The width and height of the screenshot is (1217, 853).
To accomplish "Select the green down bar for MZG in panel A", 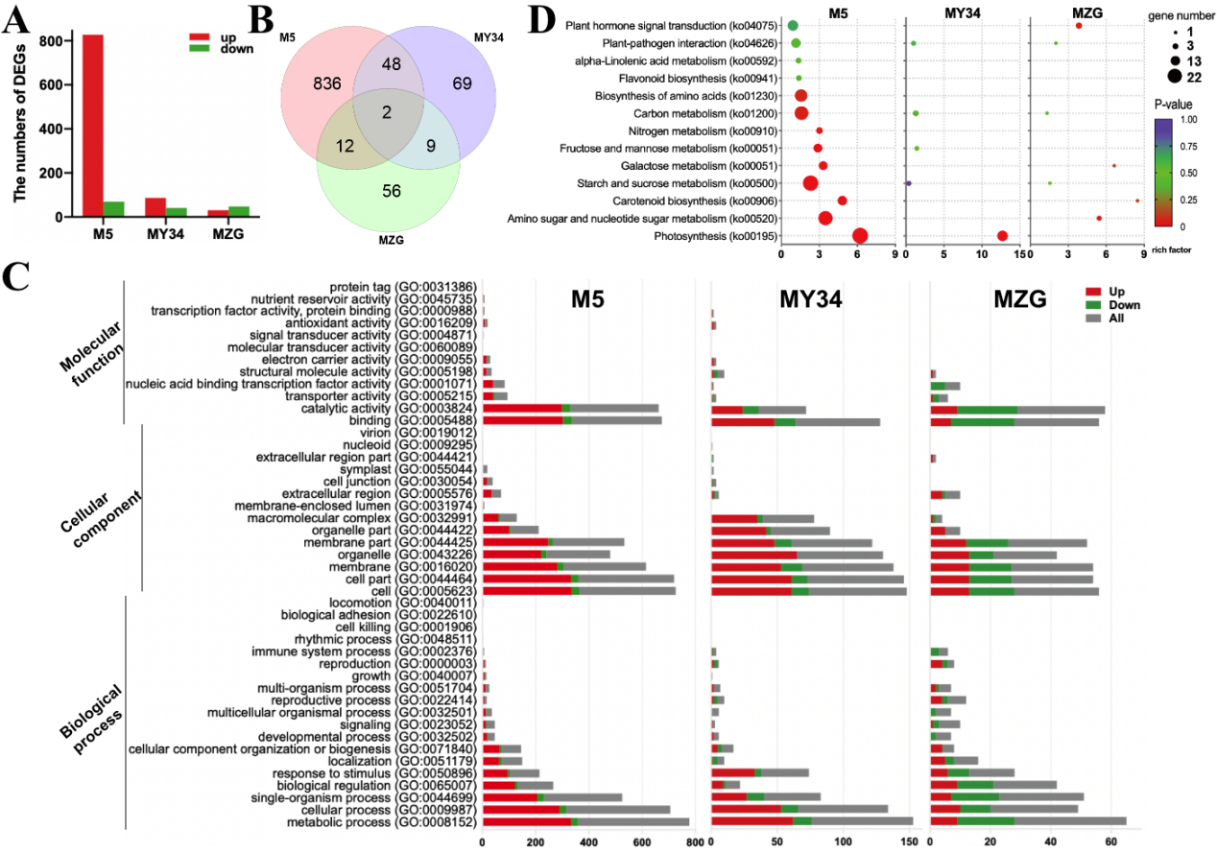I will [237, 210].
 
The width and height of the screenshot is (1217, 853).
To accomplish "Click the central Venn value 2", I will [386, 113].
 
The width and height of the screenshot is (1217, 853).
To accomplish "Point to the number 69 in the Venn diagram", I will [463, 84].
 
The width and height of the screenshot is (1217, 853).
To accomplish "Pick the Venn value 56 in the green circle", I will [391, 190].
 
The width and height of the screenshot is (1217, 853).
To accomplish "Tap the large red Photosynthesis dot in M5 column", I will [860, 236].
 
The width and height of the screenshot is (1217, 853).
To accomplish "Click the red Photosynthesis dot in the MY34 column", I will [1003, 236].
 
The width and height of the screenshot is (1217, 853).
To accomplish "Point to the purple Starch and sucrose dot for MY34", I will [908, 183].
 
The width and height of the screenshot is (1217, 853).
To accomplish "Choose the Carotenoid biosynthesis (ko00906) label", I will [706, 201].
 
